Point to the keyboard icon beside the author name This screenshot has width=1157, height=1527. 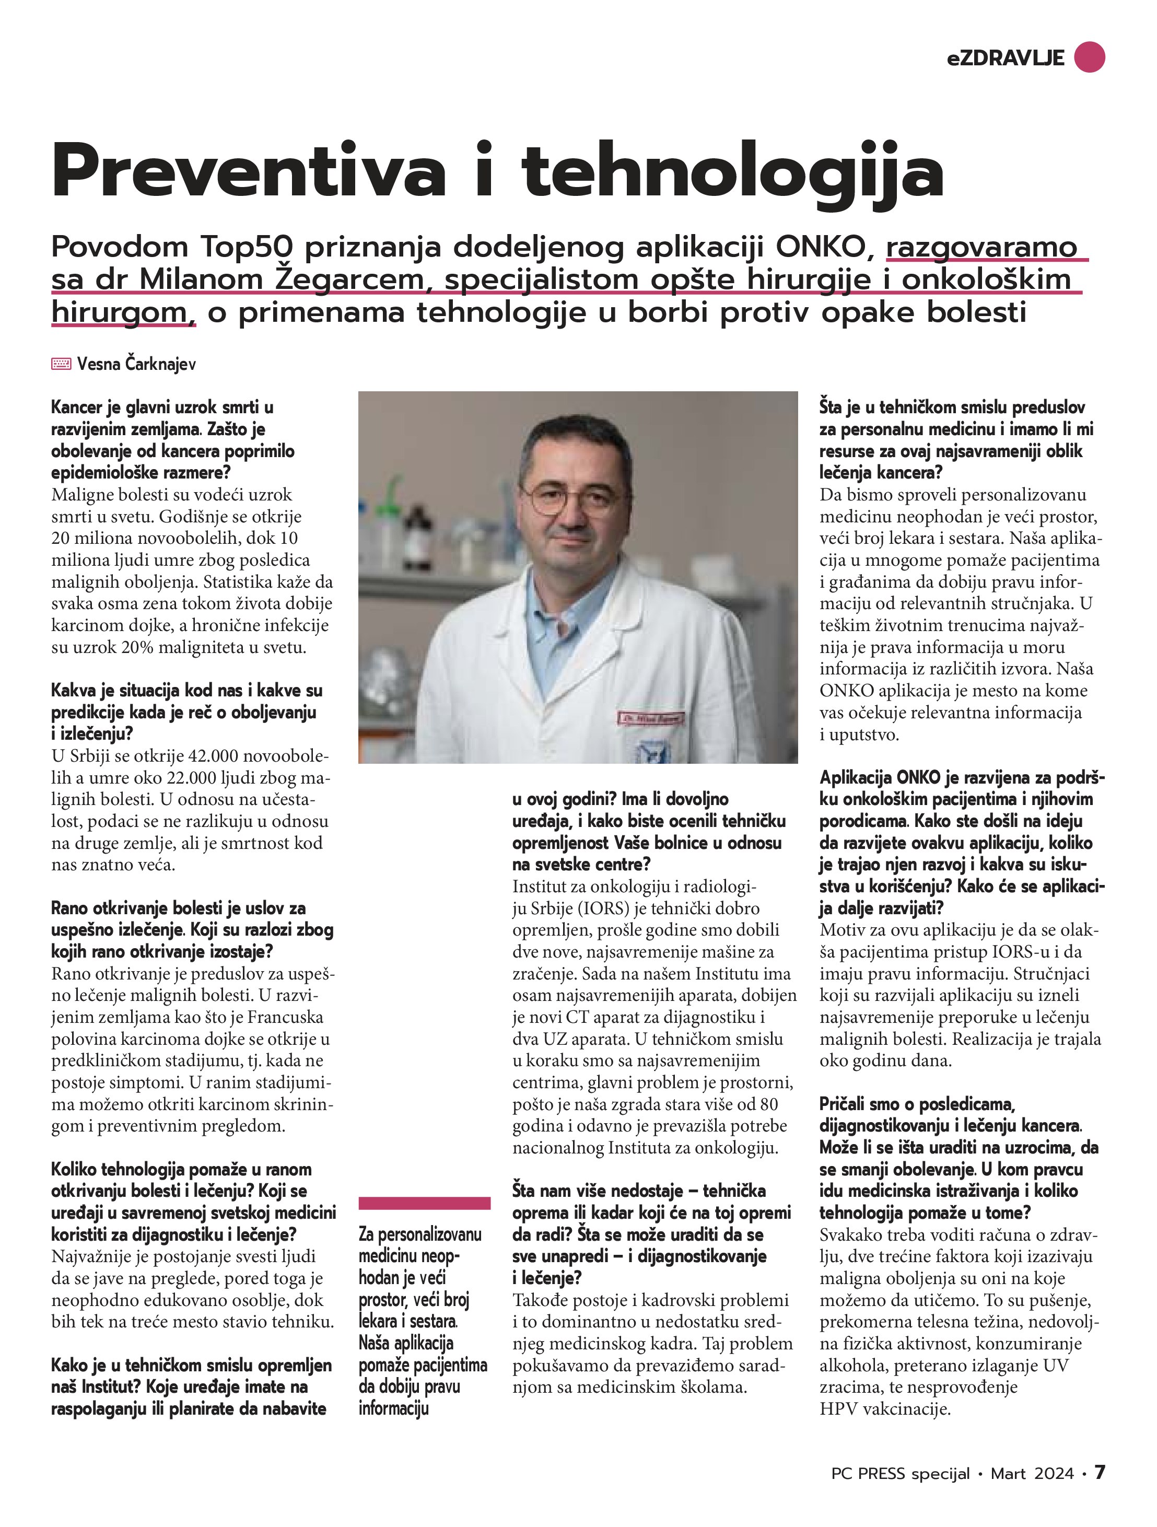[61, 364]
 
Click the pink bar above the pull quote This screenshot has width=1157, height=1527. [425, 1203]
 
